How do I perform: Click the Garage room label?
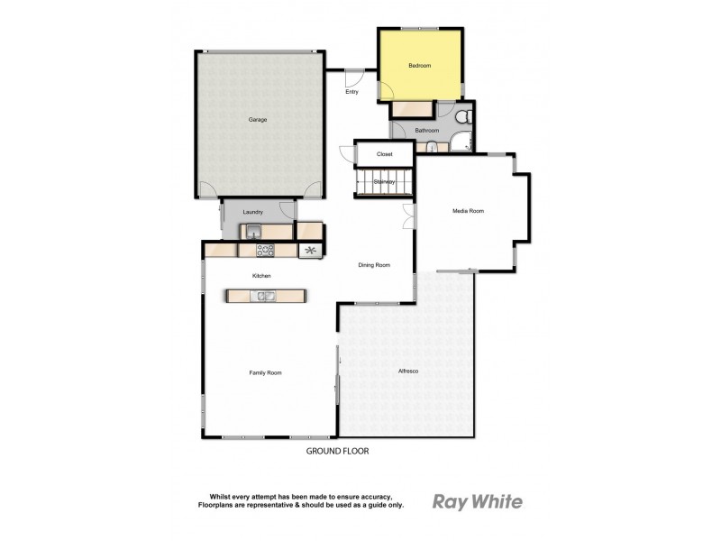pos(258,119)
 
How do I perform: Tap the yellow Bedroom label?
pos(419,65)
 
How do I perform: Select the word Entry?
pos(352,91)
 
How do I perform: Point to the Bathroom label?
pos(426,131)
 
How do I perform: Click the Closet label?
pos(385,154)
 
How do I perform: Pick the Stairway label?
pos(385,182)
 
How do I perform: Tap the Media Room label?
pos(468,211)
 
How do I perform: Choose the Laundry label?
pos(252,213)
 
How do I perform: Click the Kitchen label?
pos(261,276)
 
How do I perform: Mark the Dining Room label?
pos(374,265)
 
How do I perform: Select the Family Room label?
pos(266,372)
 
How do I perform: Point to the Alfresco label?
pos(408,371)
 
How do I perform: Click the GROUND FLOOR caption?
pos(338,451)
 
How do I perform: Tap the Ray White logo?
pos(477,502)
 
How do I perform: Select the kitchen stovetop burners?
pos(266,250)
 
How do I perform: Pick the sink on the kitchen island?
pos(266,295)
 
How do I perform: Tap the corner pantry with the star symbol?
pos(311,251)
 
